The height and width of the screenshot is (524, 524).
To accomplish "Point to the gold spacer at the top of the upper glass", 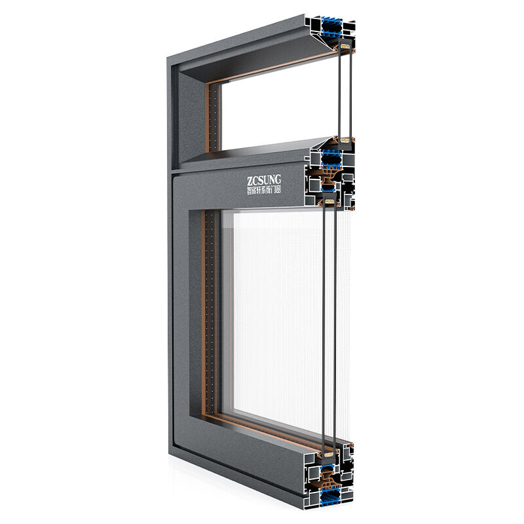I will point(343,48).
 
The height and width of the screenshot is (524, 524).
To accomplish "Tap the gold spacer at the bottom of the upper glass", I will point(343,140).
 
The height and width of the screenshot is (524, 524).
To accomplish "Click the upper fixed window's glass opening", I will point(275,105).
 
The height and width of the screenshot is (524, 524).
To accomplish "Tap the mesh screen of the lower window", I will point(275,314).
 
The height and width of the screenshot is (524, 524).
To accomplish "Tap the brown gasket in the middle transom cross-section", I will point(327,177).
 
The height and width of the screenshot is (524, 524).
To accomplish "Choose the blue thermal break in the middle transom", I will point(331,157).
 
